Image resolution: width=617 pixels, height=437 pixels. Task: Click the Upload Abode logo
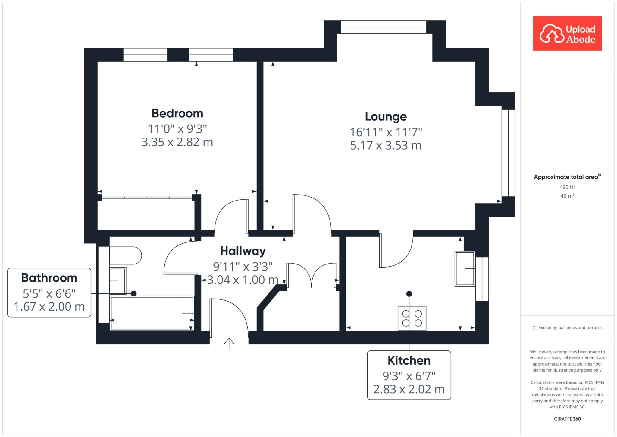567,33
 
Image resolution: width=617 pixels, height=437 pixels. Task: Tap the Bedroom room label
177,113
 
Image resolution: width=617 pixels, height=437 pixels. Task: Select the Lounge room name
386,116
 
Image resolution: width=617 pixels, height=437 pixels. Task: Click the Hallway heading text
243,251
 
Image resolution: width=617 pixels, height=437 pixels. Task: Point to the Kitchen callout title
409,360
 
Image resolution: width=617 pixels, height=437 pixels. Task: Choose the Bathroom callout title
49,278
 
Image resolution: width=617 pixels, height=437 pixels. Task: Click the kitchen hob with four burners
412,318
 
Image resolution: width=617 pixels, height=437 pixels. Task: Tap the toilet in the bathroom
125,256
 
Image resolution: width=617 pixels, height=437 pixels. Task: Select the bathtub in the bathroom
152,313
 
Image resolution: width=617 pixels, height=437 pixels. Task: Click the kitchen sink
465,269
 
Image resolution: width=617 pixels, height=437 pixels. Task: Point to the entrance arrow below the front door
229,343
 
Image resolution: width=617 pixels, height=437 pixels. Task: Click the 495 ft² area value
567,187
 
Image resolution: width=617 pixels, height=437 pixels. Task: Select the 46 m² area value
567,196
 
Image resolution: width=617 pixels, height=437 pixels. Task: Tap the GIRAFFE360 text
567,419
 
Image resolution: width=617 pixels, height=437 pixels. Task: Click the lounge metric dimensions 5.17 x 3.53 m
386,145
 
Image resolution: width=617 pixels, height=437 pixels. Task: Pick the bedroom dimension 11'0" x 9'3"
177,129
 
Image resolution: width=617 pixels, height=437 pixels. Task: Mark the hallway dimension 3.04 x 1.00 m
243,280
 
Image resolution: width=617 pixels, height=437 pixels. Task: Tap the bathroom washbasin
118,281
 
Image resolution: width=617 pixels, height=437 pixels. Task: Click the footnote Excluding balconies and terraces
567,328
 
